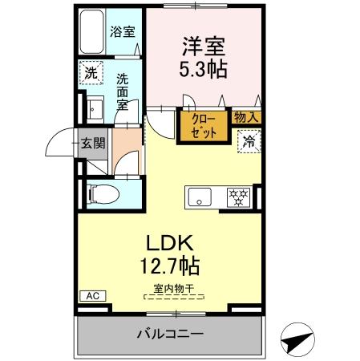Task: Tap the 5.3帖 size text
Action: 201,69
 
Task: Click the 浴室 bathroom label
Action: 122,33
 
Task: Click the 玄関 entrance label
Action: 93,144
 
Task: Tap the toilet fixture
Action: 99,193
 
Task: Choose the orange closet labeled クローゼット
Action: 203,127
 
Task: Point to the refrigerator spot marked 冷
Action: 249,141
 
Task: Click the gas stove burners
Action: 238,196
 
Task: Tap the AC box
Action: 92,296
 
